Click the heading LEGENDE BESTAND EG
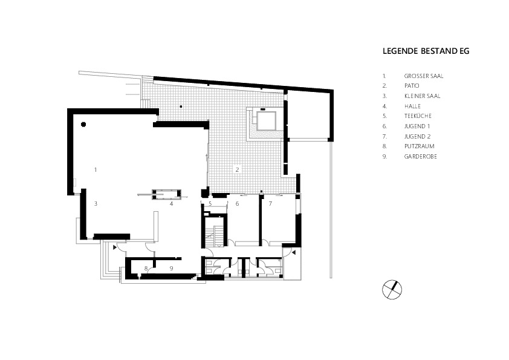tap(426, 51)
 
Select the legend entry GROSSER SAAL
tap(424, 76)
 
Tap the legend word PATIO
tap(412, 86)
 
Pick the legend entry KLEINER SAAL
tap(423, 96)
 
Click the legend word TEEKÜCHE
tap(418, 116)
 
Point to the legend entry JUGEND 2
tap(418, 137)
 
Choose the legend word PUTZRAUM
tap(419, 146)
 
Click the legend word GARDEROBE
tap(420, 156)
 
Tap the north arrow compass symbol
tap(392, 289)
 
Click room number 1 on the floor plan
tap(96, 169)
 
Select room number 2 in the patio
tap(238, 169)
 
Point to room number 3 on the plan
tap(96, 204)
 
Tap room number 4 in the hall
tap(172, 204)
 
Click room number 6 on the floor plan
tap(238, 204)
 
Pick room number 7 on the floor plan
tap(270, 204)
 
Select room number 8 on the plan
tap(146, 269)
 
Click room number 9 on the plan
tap(172, 269)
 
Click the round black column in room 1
tap(83, 124)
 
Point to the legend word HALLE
tap(412, 106)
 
